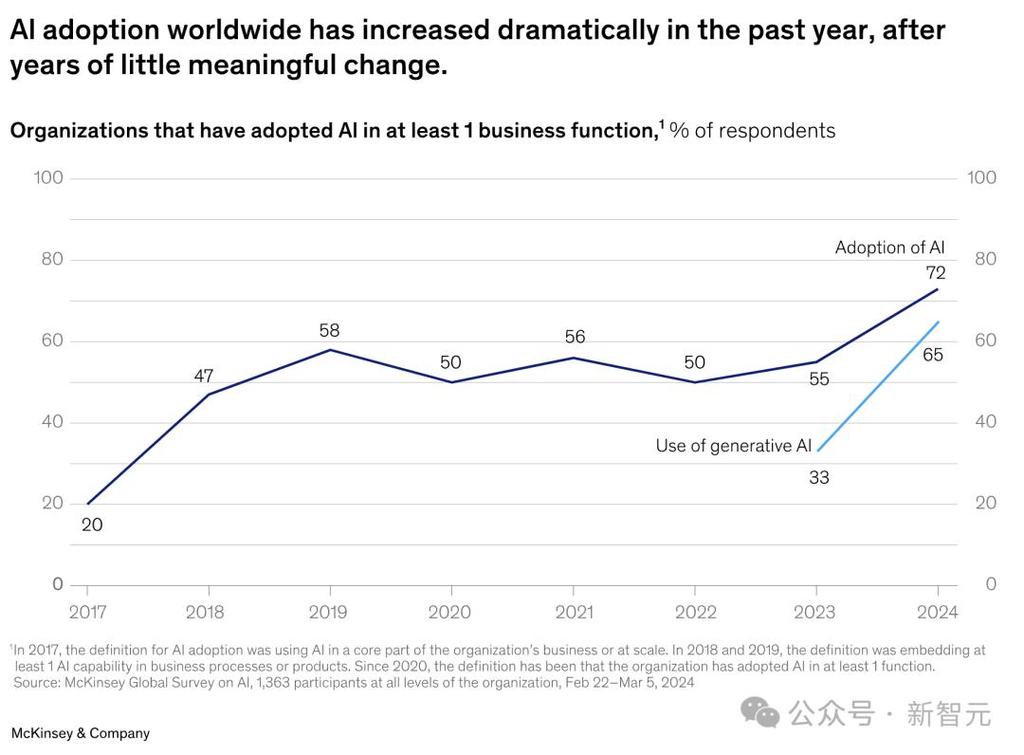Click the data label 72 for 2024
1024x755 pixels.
click(x=936, y=273)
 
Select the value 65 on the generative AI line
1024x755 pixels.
click(x=933, y=356)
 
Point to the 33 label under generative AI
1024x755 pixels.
click(x=819, y=477)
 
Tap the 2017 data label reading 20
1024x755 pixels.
click(x=92, y=524)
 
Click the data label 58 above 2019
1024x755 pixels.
click(x=329, y=331)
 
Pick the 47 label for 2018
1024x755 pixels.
click(x=204, y=376)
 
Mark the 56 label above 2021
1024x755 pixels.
click(x=575, y=337)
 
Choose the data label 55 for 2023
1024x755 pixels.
click(x=819, y=379)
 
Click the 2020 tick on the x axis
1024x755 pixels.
click(x=449, y=612)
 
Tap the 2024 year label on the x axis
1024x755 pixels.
click(x=938, y=612)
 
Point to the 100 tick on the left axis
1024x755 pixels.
click(x=47, y=177)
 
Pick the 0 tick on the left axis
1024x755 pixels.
click(x=57, y=584)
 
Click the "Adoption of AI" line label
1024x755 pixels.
click(x=889, y=248)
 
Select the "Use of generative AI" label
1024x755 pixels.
click(x=733, y=446)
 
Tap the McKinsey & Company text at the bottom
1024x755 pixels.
click(x=80, y=733)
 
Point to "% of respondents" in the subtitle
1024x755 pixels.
click(x=752, y=131)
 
